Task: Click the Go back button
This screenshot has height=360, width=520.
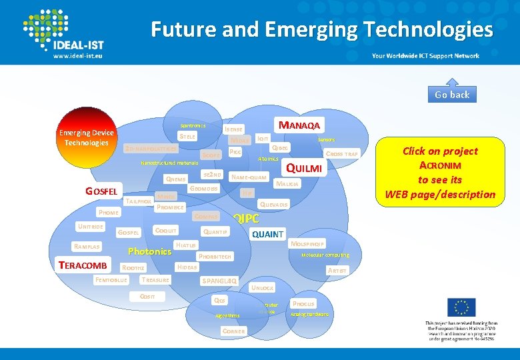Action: pyautogui.click(x=452, y=95)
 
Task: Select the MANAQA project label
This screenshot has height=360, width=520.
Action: pyautogui.click(x=299, y=125)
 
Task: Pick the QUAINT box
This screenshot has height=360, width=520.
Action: pyautogui.click(x=267, y=234)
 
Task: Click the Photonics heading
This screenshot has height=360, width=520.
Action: pyautogui.click(x=149, y=251)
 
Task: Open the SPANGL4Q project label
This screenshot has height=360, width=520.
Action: pyautogui.click(x=219, y=281)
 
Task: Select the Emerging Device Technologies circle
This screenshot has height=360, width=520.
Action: pyautogui.click(x=86, y=138)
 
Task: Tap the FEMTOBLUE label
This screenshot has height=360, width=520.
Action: pyautogui.click(x=111, y=280)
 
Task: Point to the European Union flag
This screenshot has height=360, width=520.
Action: pyautogui.click(x=461, y=307)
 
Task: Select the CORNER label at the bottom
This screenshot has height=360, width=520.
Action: pyautogui.click(x=233, y=331)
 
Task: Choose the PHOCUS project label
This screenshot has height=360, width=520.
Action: pyautogui.click(x=303, y=303)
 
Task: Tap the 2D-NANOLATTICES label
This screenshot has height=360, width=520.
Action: pyautogui.click(x=151, y=149)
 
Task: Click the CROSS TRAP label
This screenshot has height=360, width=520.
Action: pyautogui.click(x=342, y=154)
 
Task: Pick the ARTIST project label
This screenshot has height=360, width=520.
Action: pyautogui.click(x=337, y=270)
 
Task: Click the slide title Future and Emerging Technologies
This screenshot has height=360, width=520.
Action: pyautogui.click(x=321, y=29)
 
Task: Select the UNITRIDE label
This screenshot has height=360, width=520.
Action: pyautogui.click(x=89, y=226)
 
